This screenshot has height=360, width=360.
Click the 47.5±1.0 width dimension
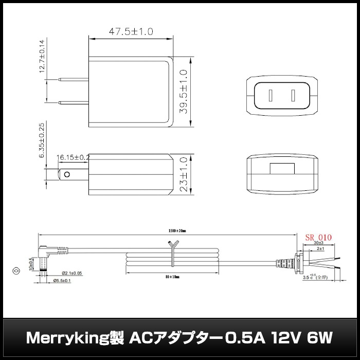131,31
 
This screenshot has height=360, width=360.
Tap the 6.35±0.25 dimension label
43,140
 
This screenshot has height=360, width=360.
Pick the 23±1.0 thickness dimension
184,175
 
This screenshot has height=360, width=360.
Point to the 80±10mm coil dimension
171,277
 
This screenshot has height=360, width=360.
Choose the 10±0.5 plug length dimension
31,264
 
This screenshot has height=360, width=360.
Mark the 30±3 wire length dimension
318,243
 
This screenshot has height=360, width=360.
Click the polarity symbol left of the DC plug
16,270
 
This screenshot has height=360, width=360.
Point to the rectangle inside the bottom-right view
282,169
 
